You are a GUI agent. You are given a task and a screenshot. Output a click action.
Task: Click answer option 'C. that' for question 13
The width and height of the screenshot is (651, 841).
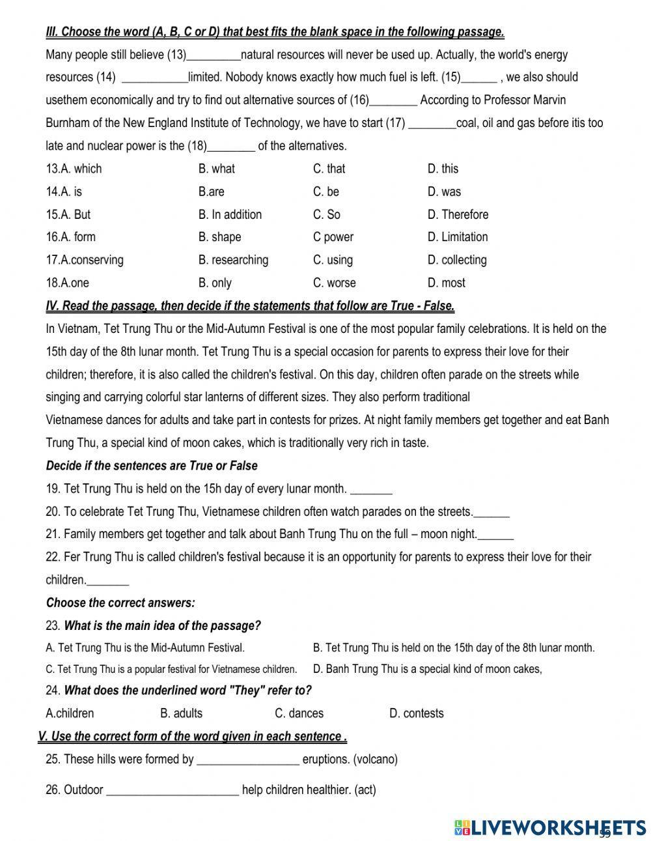point(329,169)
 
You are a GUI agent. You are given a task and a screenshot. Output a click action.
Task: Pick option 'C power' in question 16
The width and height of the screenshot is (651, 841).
point(333,237)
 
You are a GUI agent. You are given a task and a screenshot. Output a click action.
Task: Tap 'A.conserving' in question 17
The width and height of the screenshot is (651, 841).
point(84,260)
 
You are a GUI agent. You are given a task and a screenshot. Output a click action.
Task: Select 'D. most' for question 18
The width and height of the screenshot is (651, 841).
point(446,283)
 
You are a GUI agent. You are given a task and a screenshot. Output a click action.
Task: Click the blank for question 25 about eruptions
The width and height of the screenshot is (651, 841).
point(247,760)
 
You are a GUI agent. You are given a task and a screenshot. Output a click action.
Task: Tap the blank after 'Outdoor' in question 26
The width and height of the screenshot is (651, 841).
point(173,791)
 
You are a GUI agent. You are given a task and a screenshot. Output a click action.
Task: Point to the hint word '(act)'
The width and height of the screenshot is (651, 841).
point(365,790)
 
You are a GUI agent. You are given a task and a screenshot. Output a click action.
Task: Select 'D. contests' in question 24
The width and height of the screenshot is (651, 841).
point(416,713)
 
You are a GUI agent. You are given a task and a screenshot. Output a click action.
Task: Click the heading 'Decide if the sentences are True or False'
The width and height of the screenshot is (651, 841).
point(152,466)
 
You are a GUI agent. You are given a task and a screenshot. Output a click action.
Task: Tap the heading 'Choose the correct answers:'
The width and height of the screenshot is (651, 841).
point(120,603)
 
